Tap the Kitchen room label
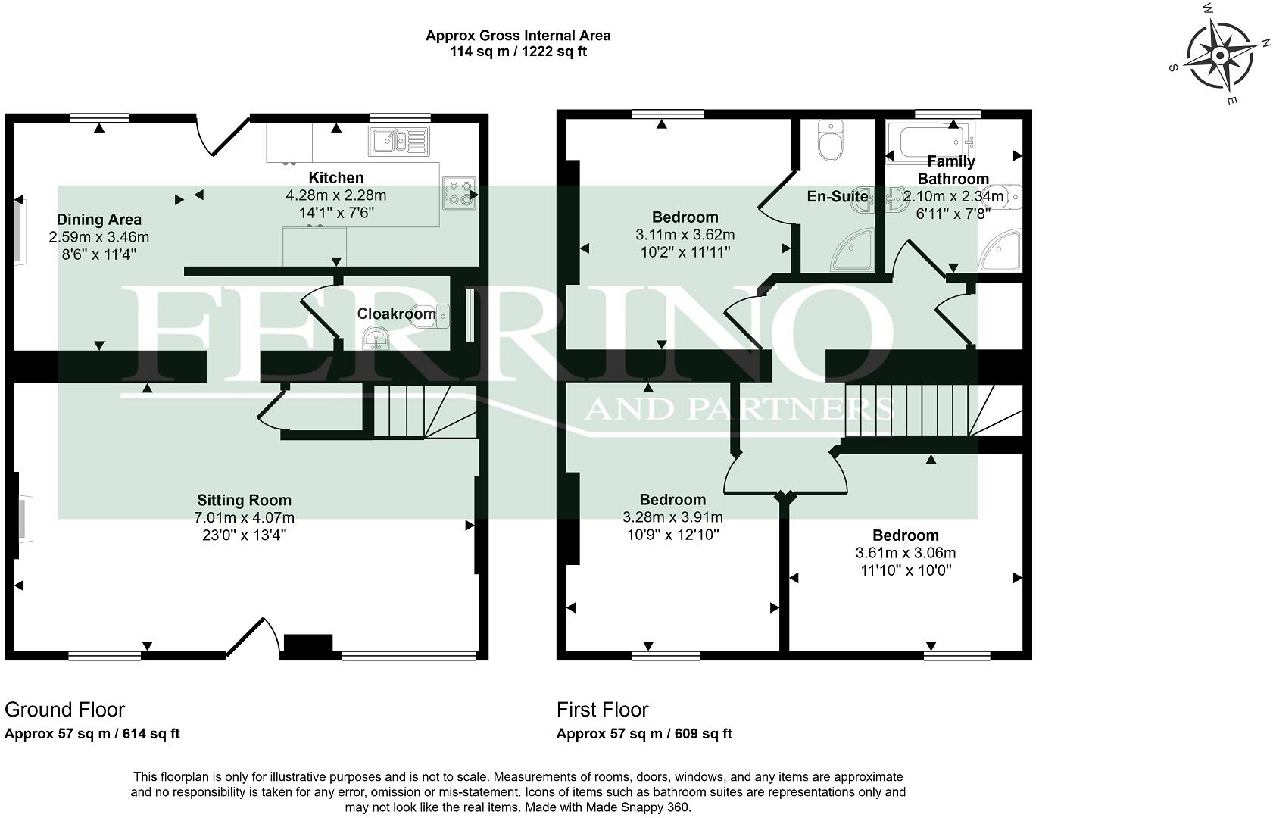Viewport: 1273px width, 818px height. pos(336,178)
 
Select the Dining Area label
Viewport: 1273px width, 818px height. pos(99,220)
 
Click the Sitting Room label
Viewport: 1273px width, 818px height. pos(244,500)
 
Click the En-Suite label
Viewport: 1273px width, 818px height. pos(837,196)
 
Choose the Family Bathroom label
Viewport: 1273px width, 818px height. pos(953,170)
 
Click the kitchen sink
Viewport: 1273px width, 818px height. pos(398,140)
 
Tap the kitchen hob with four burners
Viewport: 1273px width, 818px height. pos(457,192)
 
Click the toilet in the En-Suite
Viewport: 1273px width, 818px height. pos(831,142)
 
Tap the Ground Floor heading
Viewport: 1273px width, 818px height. pos(64,710)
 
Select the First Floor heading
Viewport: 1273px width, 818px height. pos(602,710)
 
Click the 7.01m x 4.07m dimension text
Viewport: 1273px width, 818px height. pos(244,518)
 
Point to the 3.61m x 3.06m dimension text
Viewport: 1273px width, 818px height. pos(905,553)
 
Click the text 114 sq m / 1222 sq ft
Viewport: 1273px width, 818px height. pos(518,52)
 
